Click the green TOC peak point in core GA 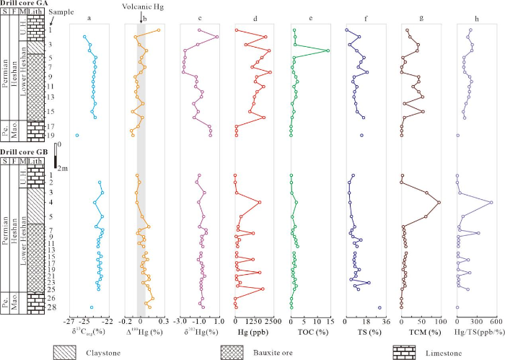point(328,51)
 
